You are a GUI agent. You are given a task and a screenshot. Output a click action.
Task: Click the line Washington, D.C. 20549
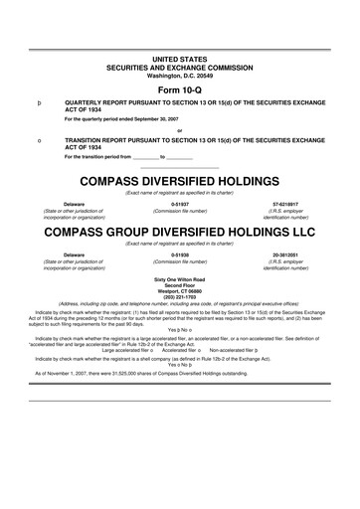179,75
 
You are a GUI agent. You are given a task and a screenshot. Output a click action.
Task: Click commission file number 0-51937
180,204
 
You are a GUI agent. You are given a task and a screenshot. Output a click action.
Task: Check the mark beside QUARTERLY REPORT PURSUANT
38,102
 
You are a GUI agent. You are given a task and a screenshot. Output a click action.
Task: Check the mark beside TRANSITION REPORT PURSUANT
38,141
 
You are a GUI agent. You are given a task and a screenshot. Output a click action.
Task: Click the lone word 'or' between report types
179,130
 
